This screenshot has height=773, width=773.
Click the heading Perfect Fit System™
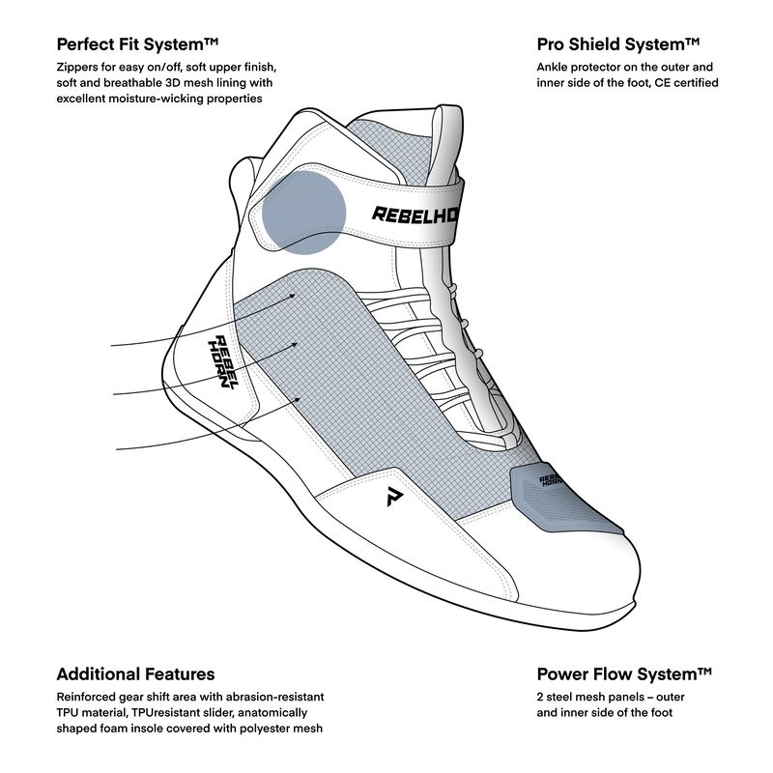[x=138, y=44]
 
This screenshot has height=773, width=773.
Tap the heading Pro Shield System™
[x=617, y=44]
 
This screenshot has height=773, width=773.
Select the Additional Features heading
[x=135, y=673]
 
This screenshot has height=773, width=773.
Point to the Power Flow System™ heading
[x=624, y=673]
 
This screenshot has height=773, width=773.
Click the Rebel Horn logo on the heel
[x=222, y=362]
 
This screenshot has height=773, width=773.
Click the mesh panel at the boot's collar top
[x=382, y=145]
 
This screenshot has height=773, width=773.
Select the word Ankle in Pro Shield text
[x=556, y=68]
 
